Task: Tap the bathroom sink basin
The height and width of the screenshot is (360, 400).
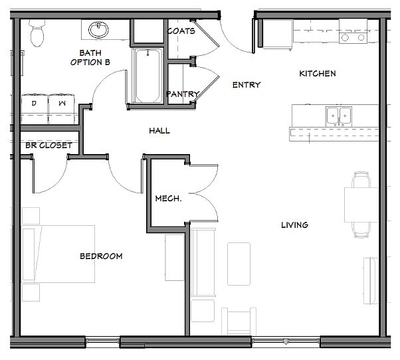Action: tap(98, 30)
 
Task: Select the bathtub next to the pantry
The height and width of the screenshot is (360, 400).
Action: tap(148, 76)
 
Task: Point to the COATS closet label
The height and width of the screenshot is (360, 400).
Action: tap(181, 31)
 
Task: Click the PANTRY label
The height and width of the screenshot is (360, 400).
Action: tap(183, 94)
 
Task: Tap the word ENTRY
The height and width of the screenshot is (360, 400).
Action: tap(247, 84)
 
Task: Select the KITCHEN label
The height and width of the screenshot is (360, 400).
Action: tap(318, 74)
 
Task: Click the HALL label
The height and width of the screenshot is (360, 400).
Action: tap(159, 131)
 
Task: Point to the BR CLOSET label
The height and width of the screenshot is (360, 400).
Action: tap(49, 145)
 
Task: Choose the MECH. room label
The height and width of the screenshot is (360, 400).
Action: tap(168, 199)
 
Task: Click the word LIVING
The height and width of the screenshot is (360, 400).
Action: tap(294, 225)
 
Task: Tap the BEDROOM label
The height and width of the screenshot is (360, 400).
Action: tap(101, 256)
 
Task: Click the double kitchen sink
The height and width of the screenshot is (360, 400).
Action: tap(339, 116)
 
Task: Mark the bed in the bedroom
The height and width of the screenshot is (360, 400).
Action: tap(58, 254)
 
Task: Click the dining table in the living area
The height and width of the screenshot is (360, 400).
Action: tap(361, 205)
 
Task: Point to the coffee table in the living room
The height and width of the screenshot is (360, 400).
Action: tap(239, 264)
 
